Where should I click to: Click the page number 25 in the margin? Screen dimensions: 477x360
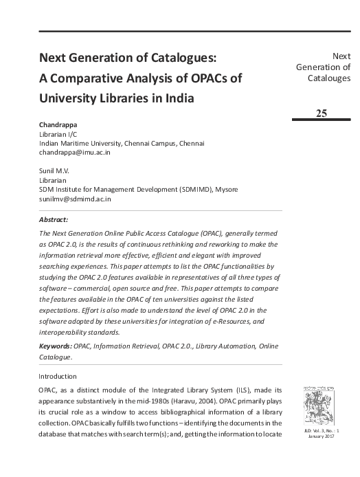322,112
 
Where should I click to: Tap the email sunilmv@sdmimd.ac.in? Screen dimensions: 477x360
75,199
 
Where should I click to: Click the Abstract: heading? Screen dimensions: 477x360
54,220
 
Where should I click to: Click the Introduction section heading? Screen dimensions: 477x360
58,376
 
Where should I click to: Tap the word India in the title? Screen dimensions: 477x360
177,98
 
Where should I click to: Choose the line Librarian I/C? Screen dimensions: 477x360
58,134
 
